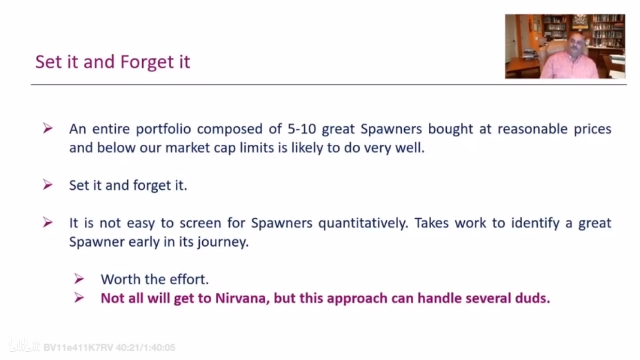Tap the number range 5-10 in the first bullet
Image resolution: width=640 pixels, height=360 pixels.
[301, 129]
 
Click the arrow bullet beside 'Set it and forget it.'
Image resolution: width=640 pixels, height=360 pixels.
[48, 185]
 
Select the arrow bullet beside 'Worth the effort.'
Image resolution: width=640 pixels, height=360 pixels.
[79, 279]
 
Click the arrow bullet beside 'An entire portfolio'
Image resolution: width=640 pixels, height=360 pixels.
[48, 128]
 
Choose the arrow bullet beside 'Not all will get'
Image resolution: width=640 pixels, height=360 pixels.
[79, 297]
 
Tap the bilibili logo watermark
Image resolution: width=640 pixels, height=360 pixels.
[24, 346]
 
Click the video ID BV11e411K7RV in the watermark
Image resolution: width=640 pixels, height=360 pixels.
[78, 347]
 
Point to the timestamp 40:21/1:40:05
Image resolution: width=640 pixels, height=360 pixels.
[146, 347]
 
